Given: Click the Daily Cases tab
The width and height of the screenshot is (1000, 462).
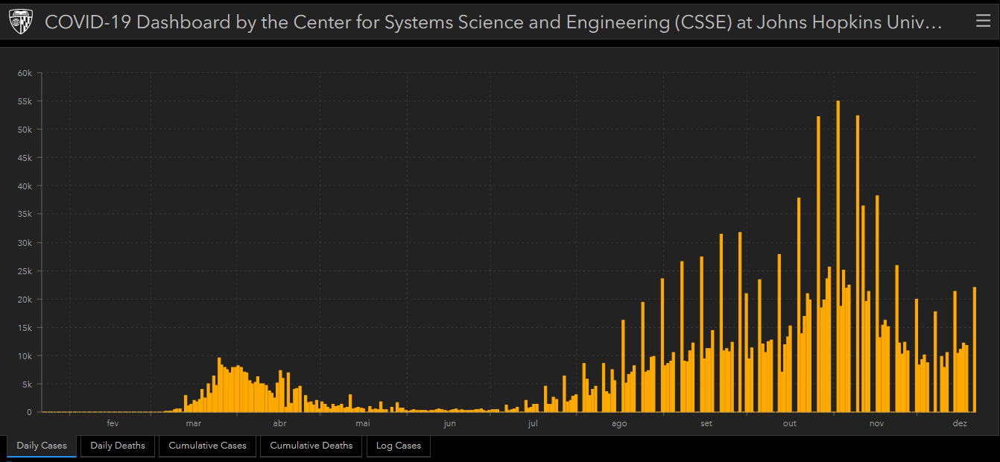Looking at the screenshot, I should pos(42,446).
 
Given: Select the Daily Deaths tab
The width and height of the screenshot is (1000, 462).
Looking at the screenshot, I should pos(118,446).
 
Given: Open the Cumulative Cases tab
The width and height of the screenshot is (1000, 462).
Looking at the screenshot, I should pos(207,446).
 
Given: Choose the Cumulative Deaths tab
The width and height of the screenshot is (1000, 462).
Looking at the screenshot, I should pos(311,446).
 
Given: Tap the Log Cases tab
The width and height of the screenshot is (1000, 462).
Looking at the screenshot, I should pos(398,446).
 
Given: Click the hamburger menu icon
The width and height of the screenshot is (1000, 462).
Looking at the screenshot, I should pos(983,22).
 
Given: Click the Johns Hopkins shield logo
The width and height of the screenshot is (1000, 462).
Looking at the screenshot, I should pos(21,22).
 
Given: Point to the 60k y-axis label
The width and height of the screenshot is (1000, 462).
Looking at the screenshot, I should pos(25,73).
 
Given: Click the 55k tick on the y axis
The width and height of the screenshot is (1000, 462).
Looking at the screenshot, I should pos(25,101).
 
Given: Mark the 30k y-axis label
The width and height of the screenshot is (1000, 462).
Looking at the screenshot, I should pos(25,243).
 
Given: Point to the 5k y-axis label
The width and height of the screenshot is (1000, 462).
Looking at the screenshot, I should pos(27,385).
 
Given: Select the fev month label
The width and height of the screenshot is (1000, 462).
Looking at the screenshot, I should pos(113,424).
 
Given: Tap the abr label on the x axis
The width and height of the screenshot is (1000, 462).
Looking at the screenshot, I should pos(279,424).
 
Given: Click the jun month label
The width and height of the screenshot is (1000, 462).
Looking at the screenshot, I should pos(449,424).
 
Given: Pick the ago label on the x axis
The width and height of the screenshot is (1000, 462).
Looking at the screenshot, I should pos(619,424).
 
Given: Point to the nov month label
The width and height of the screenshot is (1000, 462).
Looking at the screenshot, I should pos(876,424).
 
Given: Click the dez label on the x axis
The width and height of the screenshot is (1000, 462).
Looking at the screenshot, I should pos(960,424).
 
